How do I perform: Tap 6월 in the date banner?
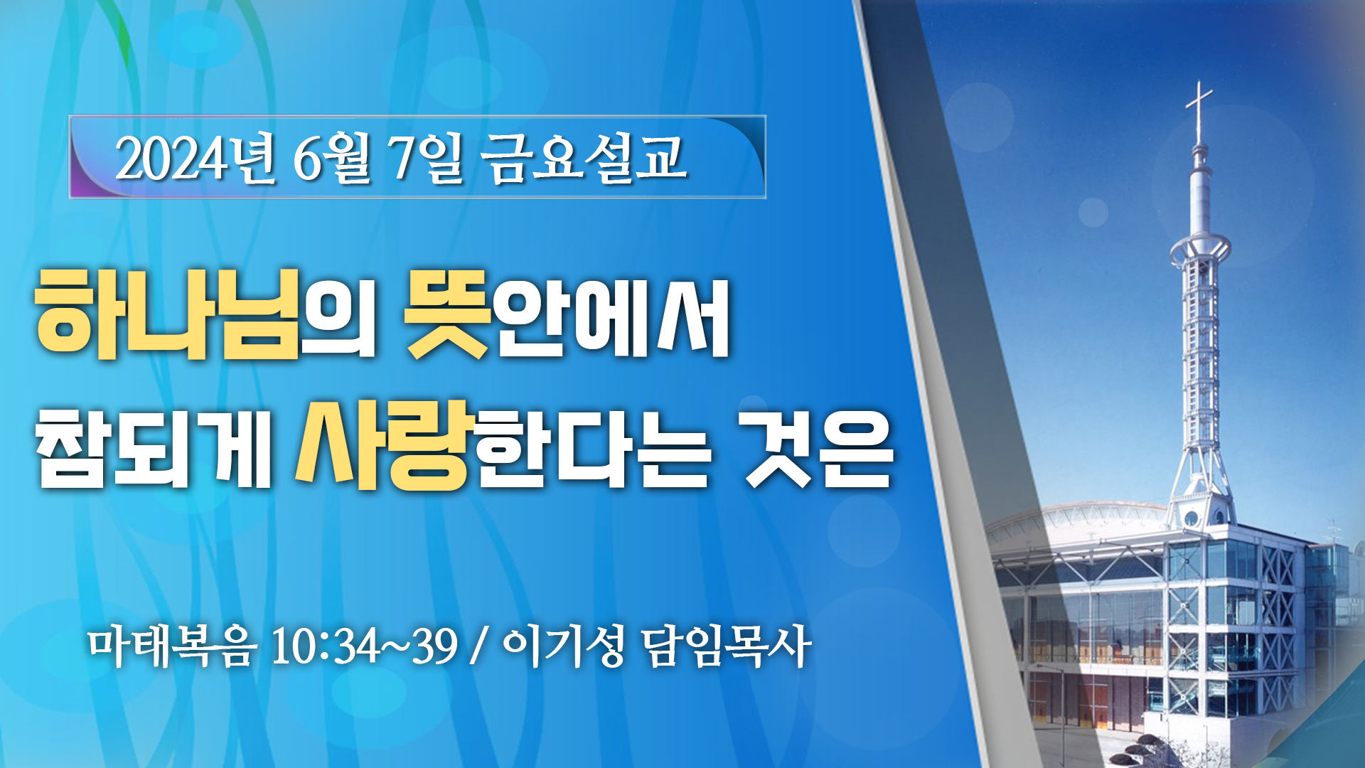[332, 159]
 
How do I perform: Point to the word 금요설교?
[583, 158]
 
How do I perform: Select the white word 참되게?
[154, 447]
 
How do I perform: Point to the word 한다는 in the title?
[594, 447]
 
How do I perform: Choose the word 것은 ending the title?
[818, 447]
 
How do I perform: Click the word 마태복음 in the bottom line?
[171, 646]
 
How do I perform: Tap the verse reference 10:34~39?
[364, 646]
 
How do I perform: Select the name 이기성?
[564, 646]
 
